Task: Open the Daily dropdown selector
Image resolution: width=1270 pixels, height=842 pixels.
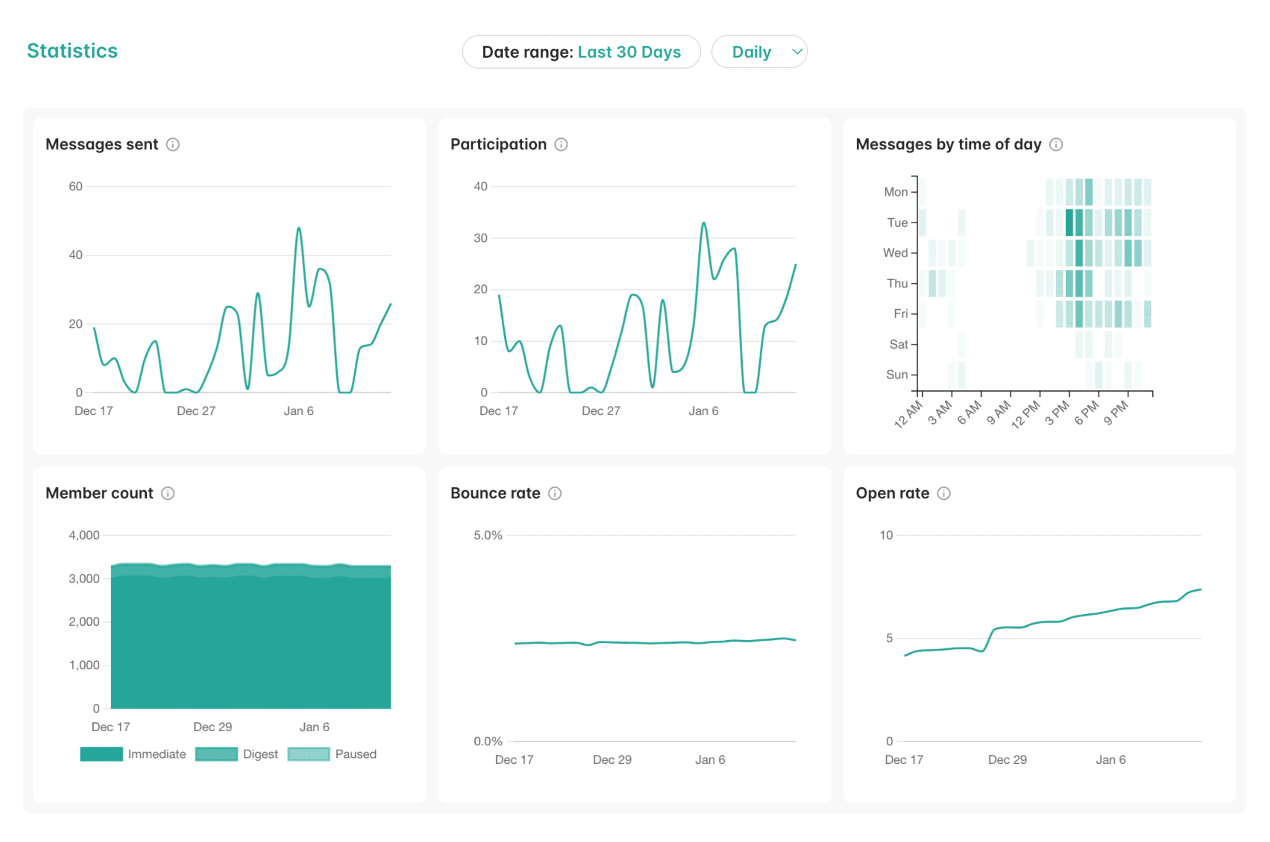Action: coord(759,52)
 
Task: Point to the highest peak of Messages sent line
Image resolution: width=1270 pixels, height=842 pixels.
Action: coord(299,228)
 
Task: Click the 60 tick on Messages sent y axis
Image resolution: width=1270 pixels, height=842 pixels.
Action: coord(75,186)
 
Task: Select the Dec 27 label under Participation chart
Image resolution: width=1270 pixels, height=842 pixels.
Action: coord(601,411)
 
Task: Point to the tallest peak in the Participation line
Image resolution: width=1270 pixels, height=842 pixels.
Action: coord(704,223)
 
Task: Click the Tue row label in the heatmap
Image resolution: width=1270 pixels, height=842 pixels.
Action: coord(897,222)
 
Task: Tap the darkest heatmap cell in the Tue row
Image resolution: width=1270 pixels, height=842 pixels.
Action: coord(1069,222)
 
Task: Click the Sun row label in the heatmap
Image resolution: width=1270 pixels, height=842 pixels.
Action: coord(896,375)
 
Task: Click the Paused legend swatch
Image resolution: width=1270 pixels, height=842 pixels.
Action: coord(309,754)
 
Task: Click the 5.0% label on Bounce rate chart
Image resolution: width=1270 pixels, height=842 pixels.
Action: coord(487,535)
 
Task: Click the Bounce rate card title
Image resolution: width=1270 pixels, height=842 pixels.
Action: coord(495,493)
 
